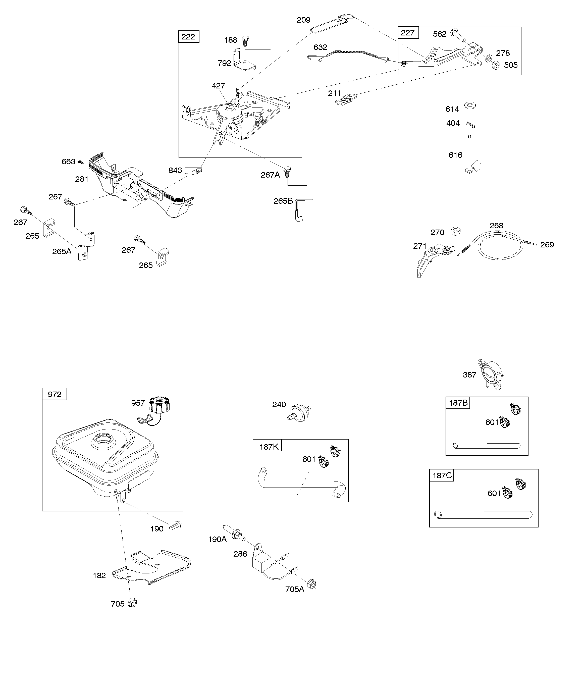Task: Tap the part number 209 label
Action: [303, 20]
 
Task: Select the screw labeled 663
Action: [80, 162]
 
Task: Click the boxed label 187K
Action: [268, 447]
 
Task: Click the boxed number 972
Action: [55, 394]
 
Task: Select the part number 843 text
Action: [175, 170]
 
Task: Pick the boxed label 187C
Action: [442, 476]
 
